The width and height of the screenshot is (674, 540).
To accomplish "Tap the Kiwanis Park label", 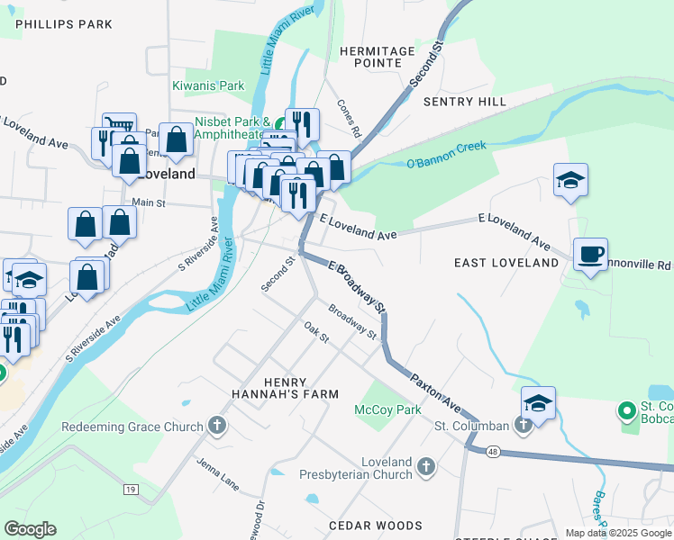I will tap(208, 86).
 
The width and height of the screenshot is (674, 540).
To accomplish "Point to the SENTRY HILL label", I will tap(465, 103).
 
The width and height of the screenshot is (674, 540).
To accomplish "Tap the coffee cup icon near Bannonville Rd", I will tap(590, 255).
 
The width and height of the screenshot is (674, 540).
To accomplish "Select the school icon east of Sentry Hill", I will tap(570, 180).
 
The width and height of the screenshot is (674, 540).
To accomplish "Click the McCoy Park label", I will tap(387, 410).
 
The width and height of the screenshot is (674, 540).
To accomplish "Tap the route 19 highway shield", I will tap(132, 489).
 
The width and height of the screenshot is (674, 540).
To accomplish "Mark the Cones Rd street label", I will tap(350, 118).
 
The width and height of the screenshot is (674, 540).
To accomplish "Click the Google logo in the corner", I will tap(30, 529).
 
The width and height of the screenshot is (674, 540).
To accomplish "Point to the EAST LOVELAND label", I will tap(505, 263).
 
